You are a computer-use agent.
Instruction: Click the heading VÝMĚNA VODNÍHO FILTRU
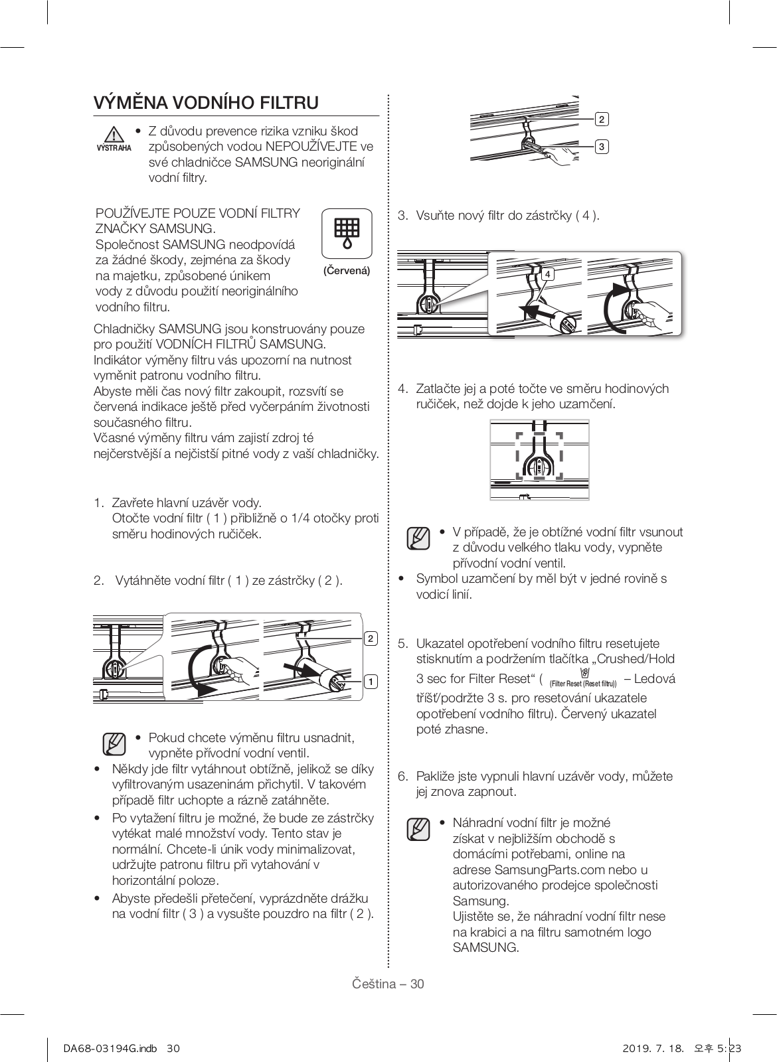click(x=206, y=103)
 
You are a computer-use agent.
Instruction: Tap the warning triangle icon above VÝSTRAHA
click(x=115, y=133)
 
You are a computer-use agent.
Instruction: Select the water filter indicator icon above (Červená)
click(x=346, y=233)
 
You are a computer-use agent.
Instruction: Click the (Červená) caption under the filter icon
click(x=346, y=271)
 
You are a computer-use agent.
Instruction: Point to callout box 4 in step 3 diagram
click(x=547, y=274)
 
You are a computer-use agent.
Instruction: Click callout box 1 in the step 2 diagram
click(x=370, y=681)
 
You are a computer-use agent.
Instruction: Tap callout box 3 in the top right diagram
click(x=601, y=146)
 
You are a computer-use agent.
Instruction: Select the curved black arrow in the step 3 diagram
click(x=614, y=309)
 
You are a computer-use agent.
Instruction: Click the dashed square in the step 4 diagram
click(x=539, y=455)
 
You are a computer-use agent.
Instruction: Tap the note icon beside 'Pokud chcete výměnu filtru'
click(x=114, y=743)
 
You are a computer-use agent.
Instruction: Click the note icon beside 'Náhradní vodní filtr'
click(x=418, y=829)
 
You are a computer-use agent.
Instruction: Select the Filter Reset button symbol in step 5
click(x=583, y=673)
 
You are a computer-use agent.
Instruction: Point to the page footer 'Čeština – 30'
click(x=388, y=984)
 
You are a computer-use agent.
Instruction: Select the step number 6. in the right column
click(x=402, y=776)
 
